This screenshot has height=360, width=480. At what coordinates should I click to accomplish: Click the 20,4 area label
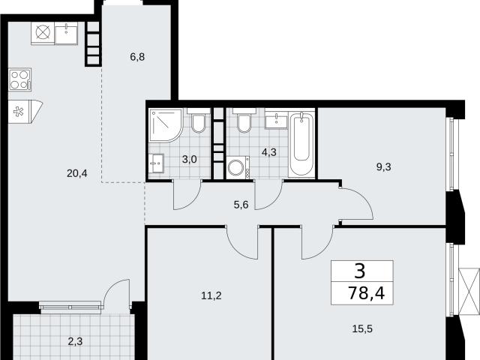point(76,174)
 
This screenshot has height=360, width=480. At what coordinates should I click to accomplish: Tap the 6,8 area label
point(137,57)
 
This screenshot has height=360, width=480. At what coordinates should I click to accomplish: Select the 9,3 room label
point(383,167)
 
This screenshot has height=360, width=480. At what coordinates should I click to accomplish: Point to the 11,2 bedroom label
point(211,295)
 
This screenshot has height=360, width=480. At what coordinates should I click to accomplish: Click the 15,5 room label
point(362,329)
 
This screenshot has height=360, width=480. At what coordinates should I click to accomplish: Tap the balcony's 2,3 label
point(75,341)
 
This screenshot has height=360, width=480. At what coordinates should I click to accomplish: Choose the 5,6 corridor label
point(241,205)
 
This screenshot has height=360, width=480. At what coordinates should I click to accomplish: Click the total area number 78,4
point(366,293)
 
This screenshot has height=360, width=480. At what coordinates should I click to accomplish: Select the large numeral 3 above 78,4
point(360,271)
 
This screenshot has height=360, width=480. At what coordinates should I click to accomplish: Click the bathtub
point(301,144)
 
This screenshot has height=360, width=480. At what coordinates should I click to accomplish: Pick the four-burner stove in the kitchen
point(20,79)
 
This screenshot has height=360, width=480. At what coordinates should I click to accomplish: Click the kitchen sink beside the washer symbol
point(67,33)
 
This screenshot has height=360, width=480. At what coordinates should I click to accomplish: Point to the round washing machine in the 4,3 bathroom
point(238,166)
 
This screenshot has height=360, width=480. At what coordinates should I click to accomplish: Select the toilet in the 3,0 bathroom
point(198,121)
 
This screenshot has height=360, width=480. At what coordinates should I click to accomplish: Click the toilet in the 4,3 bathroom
point(244,121)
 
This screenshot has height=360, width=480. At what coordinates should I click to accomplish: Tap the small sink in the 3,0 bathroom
point(157,163)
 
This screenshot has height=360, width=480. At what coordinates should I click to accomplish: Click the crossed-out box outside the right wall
point(469,292)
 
